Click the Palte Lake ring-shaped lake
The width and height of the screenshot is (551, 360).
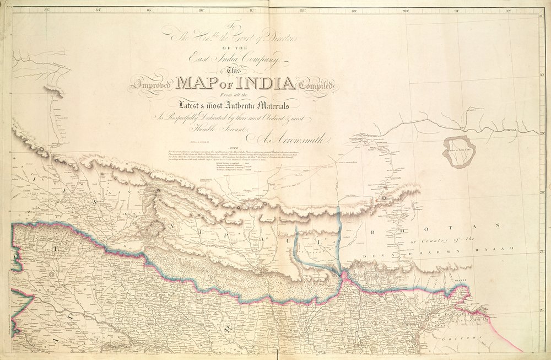459,152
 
